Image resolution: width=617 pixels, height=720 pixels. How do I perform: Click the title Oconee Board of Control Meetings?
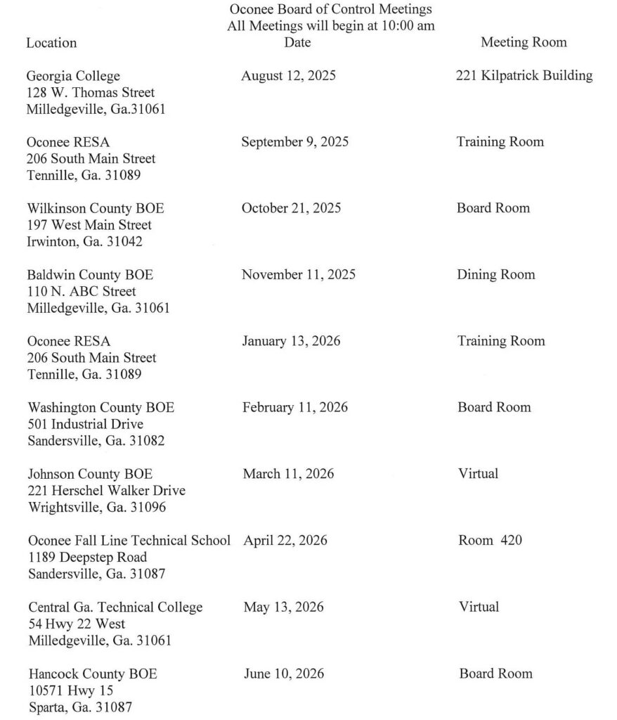pyautogui.click(x=330, y=10)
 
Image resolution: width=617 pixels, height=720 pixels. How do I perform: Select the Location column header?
pyautogui.click(x=51, y=42)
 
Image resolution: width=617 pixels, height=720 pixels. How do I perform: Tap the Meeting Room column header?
pyautogui.click(x=524, y=42)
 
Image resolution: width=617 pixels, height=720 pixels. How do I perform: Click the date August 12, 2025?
pyautogui.click(x=288, y=76)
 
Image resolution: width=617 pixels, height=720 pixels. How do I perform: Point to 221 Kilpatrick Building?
pyautogui.click(x=524, y=76)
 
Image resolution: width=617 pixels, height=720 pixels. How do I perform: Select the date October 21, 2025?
pyautogui.click(x=291, y=209)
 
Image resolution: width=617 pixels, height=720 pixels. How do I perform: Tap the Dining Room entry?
pyautogui.click(x=495, y=275)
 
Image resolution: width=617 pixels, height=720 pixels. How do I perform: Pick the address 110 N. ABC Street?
pyautogui.click(x=82, y=291)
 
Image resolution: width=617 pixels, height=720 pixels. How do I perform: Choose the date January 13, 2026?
pyautogui.click(x=291, y=341)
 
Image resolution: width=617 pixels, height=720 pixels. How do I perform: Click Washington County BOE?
pyautogui.click(x=101, y=408)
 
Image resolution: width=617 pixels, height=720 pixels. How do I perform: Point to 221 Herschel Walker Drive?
pyautogui.click(x=107, y=490)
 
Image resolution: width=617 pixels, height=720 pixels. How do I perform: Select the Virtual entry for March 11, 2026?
pyautogui.click(x=478, y=474)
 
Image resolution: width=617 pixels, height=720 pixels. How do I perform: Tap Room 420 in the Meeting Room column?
pyautogui.click(x=490, y=541)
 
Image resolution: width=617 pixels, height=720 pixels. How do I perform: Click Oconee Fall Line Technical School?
pyautogui.click(x=129, y=541)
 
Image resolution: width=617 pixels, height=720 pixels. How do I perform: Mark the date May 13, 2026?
pyautogui.click(x=284, y=607)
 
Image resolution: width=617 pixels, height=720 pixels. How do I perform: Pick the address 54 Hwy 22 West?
pyautogui.click(x=77, y=624)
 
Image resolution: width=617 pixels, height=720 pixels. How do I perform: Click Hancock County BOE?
pyautogui.click(x=93, y=674)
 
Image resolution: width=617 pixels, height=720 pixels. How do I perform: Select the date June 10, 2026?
pyautogui.click(x=284, y=674)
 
